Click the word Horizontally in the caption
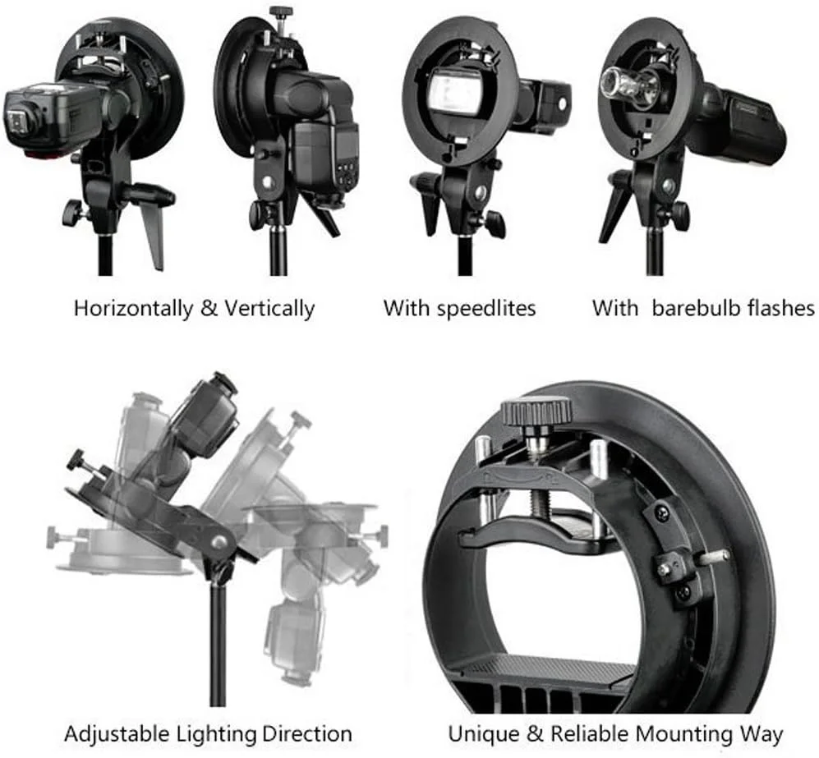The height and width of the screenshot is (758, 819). click(133, 309)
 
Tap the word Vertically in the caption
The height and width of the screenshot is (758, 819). click(269, 309)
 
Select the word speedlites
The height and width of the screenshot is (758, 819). click(486, 309)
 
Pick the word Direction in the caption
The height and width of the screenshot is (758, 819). click(307, 734)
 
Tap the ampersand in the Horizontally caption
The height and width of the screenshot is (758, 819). click(209, 309)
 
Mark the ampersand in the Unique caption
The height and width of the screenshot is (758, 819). click(536, 734)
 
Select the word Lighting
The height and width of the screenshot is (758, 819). click(216, 735)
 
